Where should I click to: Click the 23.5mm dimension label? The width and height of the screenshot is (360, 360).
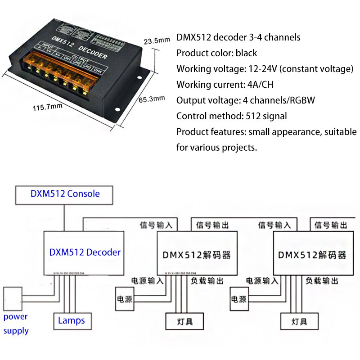tap(157, 40)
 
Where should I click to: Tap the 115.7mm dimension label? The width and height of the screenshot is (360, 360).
tap(47, 108)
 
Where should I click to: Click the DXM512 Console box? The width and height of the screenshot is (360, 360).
tap(65, 194)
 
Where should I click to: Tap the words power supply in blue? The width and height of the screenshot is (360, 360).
tap(16, 324)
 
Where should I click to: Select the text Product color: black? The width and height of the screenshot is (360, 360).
tap(216, 53)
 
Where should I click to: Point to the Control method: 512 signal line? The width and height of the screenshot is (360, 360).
tap(231, 116)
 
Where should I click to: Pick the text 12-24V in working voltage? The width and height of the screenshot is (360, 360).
tap(264, 69)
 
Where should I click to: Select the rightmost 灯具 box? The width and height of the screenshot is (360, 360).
tap(299, 321)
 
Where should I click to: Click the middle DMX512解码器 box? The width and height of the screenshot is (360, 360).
tap(197, 255)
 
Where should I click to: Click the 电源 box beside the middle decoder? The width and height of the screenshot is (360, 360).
tap(125, 299)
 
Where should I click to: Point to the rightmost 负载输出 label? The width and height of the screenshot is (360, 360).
tap(322, 281)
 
